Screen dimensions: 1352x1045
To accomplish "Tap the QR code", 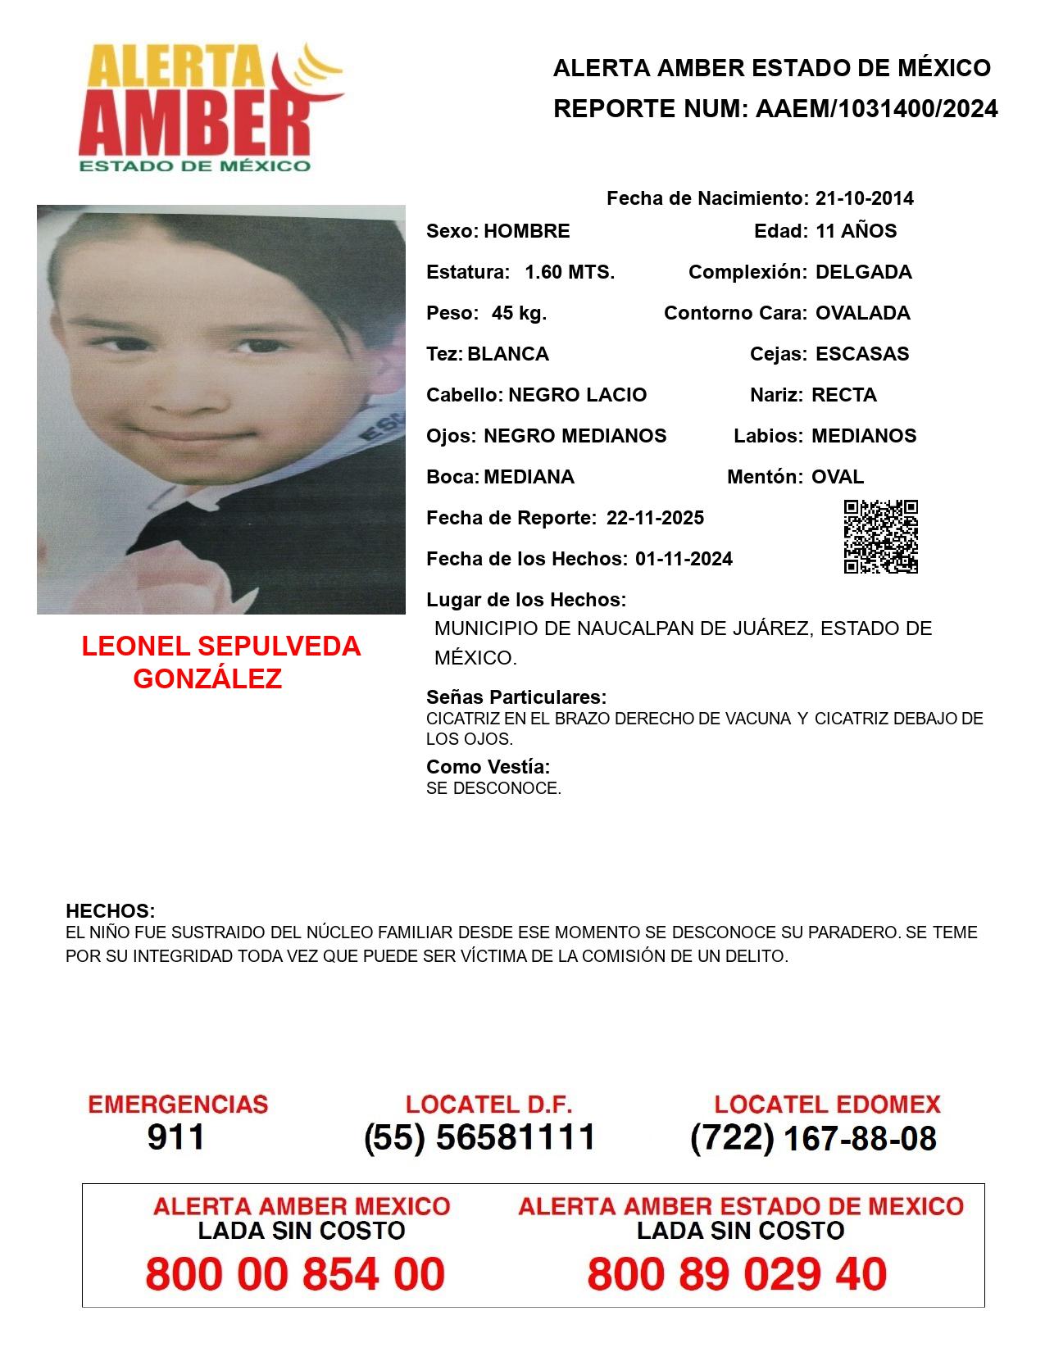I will click(880, 537).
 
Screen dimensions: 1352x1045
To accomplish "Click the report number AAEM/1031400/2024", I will click(876, 109).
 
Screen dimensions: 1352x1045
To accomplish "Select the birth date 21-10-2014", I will click(864, 198).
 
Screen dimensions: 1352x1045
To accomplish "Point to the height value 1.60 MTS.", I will click(570, 272).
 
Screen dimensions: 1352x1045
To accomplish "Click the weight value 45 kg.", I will click(519, 313).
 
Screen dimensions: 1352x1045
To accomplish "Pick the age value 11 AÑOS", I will click(856, 231).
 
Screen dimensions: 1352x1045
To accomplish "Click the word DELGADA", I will click(863, 272).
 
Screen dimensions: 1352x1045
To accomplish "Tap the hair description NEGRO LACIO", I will click(577, 395).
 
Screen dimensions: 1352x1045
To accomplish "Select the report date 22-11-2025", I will click(655, 518).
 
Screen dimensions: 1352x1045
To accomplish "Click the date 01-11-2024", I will click(684, 559).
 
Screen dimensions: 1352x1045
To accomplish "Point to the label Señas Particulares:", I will click(516, 697).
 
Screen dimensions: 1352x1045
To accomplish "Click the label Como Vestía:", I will click(488, 767).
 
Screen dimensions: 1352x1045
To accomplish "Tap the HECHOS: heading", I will click(110, 911).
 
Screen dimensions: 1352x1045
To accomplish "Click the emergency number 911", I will click(176, 1137).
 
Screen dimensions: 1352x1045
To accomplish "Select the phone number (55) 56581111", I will click(479, 1137).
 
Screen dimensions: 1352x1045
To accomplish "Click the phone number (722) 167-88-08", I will click(813, 1138).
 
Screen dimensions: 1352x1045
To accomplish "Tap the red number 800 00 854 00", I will click(295, 1274).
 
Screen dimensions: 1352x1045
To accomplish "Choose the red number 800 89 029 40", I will click(737, 1274).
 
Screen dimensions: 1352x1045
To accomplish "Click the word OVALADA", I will click(862, 313).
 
